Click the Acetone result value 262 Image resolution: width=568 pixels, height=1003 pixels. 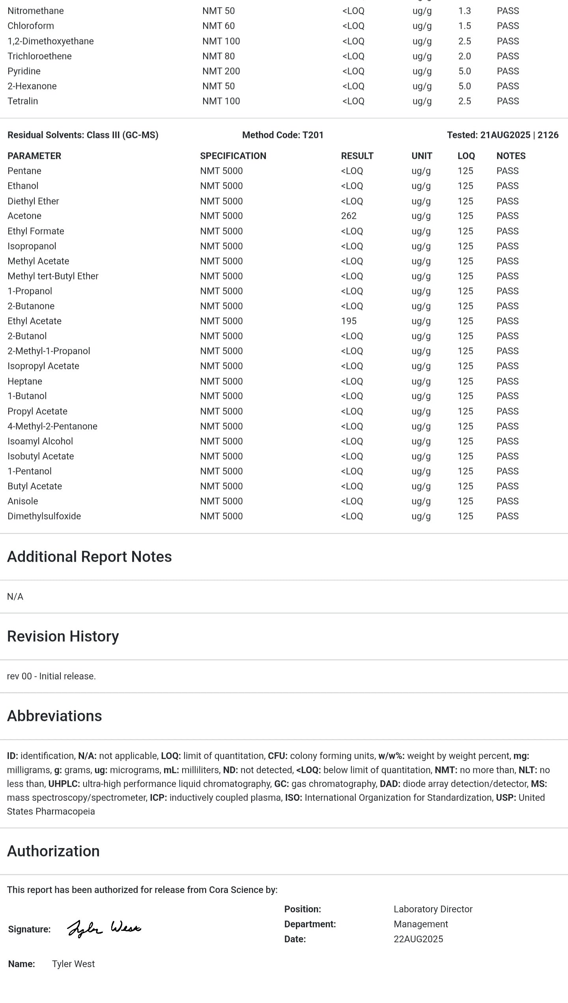pyautogui.click(x=349, y=216)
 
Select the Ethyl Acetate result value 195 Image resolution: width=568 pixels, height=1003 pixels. pyautogui.click(x=349, y=321)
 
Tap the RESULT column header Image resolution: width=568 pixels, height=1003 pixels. pyautogui.click(x=357, y=156)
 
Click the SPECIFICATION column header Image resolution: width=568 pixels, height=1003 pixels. pyautogui.click(x=233, y=156)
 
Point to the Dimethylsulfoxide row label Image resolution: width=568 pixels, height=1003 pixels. pyautogui.click(x=44, y=516)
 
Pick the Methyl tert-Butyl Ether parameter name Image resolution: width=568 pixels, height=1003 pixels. pyautogui.click(x=53, y=276)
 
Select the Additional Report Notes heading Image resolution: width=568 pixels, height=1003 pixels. pyautogui.click(x=90, y=557)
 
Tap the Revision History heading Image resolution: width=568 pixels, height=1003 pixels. pyautogui.click(x=63, y=636)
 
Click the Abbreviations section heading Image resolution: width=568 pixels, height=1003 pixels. pyautogui.click(x=54, y=716)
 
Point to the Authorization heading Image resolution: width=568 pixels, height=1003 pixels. pyautogui.click(x=53, y=851)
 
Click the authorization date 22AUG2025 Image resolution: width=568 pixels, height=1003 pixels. pyautogui.click(x=418, y=939)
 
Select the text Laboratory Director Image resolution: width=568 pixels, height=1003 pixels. pyautogui.click(x=433, y=909)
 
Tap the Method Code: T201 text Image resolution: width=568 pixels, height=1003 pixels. pyautogui.click(x=283, y=135)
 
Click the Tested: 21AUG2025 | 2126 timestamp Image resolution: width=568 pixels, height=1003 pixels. pyautogui.click(x=503, y=135)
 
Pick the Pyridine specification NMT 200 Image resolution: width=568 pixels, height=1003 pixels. pyautogui.click(x=221, y=71)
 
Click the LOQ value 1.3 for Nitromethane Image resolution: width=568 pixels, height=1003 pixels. pyautogui.click(x=465, y=11)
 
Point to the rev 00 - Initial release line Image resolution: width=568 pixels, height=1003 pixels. pyautogui.click(x=51, y=676)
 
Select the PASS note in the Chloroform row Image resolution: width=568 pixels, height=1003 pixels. pyautogui.click(x=508, y=26)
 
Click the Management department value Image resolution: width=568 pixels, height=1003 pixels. pyautogui.click(x=420, y=924)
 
